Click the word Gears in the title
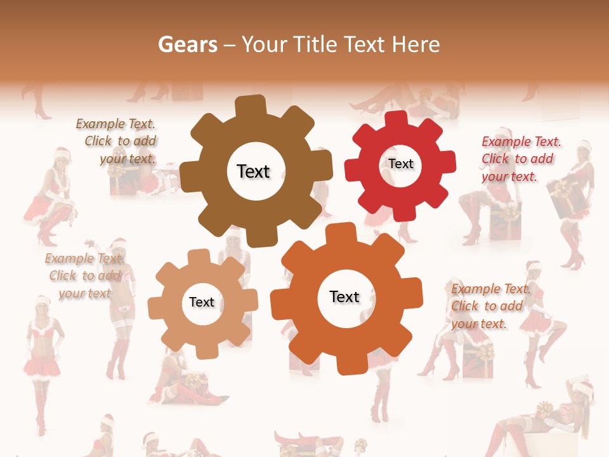tap(187, 44)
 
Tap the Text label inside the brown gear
tap(253, 171)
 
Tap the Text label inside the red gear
tap(401, 164)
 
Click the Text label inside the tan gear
tap(202, 302)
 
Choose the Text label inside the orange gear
tap(344, 296)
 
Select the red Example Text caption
tap(520, 159)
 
